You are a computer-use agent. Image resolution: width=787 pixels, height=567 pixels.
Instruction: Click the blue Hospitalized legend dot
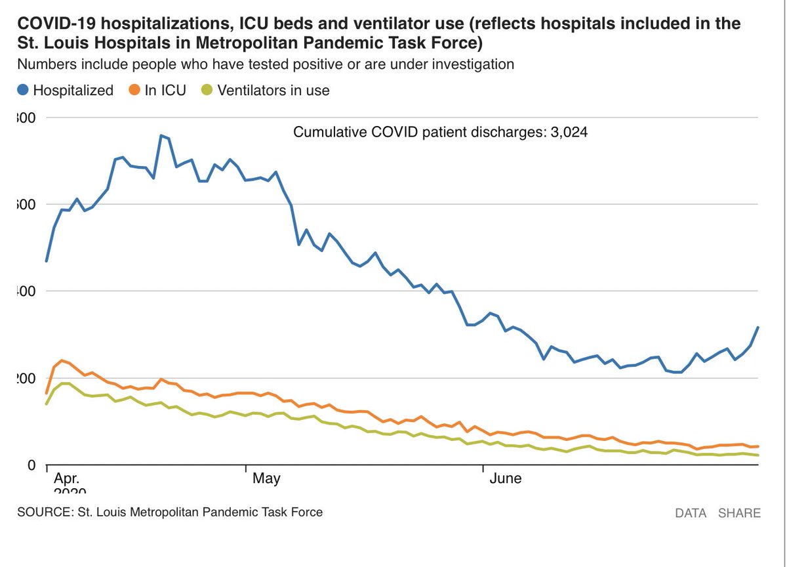(24, 91)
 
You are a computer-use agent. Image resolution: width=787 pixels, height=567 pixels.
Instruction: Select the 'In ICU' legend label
(165, 91)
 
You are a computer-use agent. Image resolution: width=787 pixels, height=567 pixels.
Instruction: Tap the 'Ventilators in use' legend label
(273, 91)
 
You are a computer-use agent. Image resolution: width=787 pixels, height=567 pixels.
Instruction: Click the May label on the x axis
(266, 478)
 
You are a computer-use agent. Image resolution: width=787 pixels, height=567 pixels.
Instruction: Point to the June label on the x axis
(506, 478)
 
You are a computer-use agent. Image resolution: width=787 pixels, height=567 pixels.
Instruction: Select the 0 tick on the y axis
(29, 465)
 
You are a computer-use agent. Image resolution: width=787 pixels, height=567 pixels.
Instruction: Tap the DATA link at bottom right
(691, 513)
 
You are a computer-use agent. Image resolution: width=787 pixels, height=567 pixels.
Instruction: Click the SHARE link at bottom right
(739, 513)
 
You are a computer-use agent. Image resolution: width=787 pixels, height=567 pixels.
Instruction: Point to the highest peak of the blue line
(161, 135)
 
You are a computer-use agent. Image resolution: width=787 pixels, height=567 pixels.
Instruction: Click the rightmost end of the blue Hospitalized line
(758, 327)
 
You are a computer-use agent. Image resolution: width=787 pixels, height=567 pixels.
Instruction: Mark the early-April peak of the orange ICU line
(62, 360)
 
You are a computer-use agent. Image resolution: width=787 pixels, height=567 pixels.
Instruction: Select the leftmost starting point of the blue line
(46, 261)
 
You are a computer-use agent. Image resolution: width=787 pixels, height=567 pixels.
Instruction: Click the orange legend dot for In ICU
(134, 91)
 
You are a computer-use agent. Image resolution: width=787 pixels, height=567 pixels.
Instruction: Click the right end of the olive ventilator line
(758, 455)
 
